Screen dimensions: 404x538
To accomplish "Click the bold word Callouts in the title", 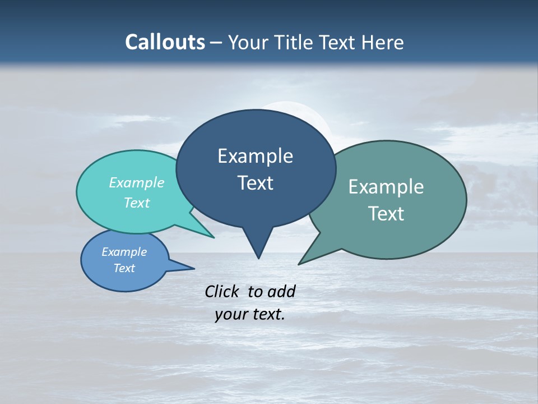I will pyautogui.click(x=165, y=42).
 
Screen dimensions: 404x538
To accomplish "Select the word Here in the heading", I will pyautogui.click(x=384, y=42).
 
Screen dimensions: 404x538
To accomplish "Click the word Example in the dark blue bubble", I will pyautogui.click(x=255, y=156).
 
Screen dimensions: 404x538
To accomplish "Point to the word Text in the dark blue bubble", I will pyautogui.click(x=255, y=183).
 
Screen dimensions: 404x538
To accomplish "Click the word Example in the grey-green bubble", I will pyautogui.click(x=386, y=187).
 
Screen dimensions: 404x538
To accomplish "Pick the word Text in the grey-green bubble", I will pyautogui.click(x=386, y=214).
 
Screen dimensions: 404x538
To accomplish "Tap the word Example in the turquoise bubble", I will pyautogui.click(x=137, y=182).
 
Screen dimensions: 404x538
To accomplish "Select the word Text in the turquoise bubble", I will pyautogui.click(x=137, y=203).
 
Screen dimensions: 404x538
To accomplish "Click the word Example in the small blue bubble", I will pyautogui.click(x=124, y=252).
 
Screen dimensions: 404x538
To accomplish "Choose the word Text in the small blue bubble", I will pyautogui.click(x=124, y=268).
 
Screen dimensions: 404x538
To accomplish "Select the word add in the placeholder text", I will pyautogui.click(x=281, y=291).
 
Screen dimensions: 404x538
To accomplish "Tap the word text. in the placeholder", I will pyautogui.click(x=267, y=315).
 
